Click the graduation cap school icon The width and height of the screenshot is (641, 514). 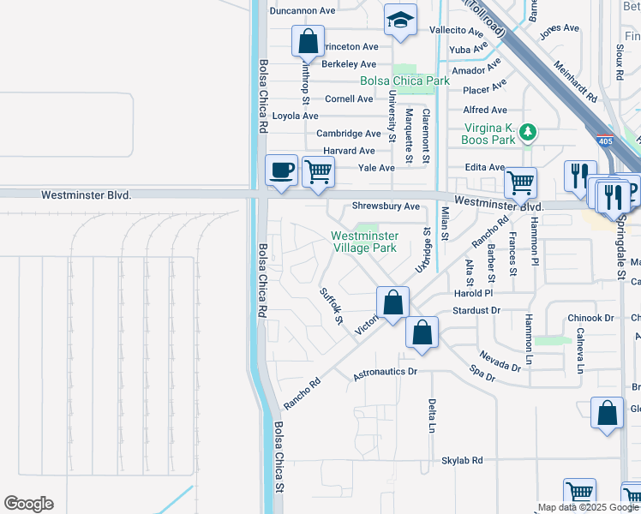point(400,21)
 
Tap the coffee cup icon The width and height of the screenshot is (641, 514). point(281,170)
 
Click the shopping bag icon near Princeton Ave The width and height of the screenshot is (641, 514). point(308,41)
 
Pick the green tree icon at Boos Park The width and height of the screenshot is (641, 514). point(530,132)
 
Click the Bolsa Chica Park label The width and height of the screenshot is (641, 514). point(404,81)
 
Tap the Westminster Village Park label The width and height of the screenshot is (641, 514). point(364,241)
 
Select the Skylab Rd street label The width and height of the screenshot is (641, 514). point(463,460)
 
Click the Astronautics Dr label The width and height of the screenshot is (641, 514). point(385,373)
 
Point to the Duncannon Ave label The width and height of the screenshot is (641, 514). point(302,11)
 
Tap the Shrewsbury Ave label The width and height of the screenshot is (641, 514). point(386,206)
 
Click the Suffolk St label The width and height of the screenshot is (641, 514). point(331,308)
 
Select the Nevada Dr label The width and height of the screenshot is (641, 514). point(500,360)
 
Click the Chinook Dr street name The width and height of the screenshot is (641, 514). point(590,318)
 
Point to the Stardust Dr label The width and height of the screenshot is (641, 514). point(476,310)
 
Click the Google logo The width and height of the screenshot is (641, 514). point(28,504)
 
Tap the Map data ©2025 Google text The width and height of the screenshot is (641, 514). point(588,507)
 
